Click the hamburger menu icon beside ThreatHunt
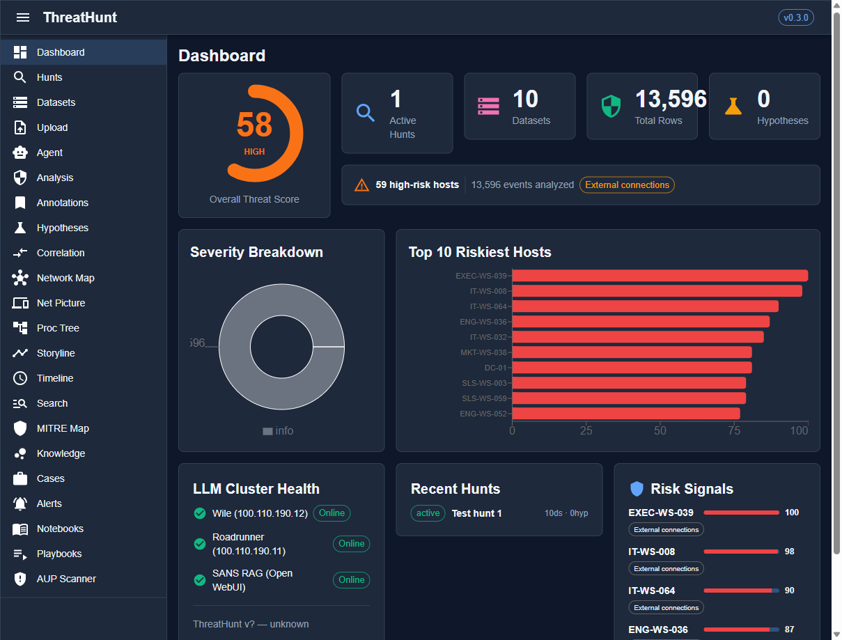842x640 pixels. pos(23,17)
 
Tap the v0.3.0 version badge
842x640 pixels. pos(795,17)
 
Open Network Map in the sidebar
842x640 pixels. pos(65,278)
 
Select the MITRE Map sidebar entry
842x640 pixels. pos(63,428)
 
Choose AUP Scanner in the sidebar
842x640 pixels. pos(66,579)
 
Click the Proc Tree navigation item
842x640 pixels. pos(58,328)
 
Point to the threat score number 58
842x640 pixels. pos(254,125)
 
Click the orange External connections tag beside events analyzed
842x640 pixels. pos(627,185)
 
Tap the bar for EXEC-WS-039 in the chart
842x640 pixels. pos(660,276)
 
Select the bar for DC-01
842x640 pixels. pos(632,368)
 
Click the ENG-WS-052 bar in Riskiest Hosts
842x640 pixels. pos(625,414)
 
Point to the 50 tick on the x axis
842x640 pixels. pos(660,430)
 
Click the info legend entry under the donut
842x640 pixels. pos(278,431)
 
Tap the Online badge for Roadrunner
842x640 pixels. pos(351,544)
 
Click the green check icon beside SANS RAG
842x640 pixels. pos(200,580)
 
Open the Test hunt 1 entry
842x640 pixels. pos(476,513)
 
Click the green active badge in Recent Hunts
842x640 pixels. pos(428,513)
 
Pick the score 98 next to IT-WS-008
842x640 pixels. pos(789,552)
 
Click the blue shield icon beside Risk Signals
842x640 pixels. pos(637,489)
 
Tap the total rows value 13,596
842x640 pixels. pos(670,100)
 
